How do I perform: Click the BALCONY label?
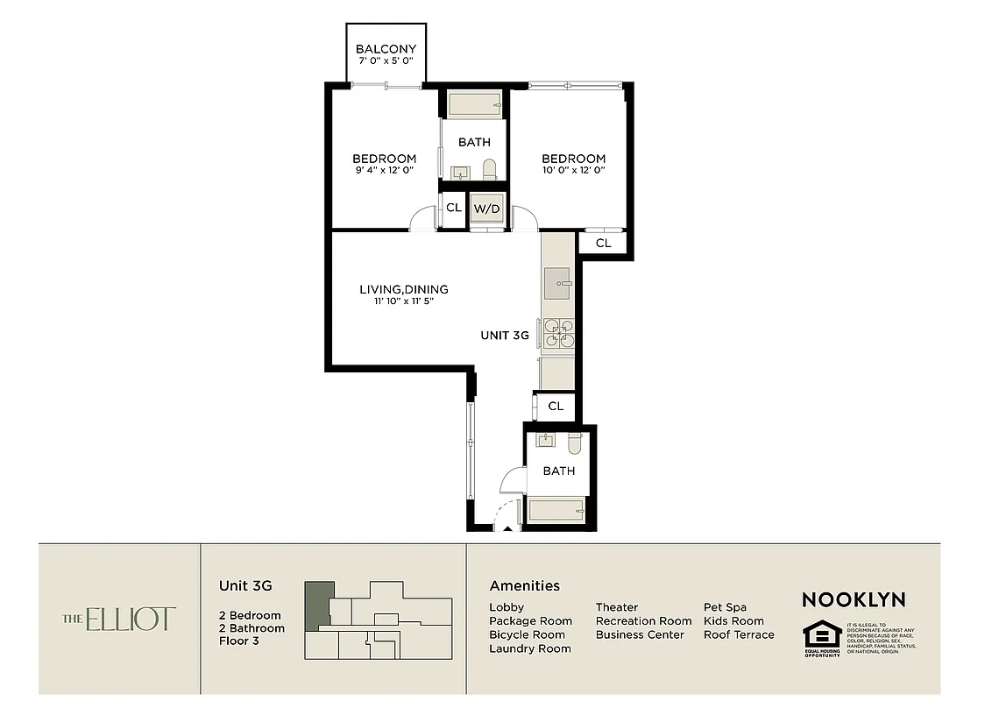tap(386, 49)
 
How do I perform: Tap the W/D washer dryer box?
tap(486, 209)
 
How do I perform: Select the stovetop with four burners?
tap(558, 334)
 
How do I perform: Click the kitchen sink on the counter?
tap(556, 284)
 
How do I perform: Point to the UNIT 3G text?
tap(504, 335)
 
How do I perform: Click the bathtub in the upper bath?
tap(474, 105)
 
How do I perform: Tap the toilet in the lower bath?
tap(574, 443)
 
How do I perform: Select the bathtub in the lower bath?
tap(556, 510)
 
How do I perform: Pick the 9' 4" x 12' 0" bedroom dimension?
tap(384, 170)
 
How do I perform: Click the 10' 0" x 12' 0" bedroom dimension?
tap(572, 170)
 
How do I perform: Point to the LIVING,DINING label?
tap(404, 289)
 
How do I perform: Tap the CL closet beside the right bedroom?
tap(603, 243)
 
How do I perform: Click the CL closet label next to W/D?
tap(453, 209)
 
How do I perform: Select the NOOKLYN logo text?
tap(854, 600)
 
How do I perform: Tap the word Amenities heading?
tap(524, 586)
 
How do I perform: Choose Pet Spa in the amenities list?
tap(725, 607)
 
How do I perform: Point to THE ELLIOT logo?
tap(119, 619)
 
